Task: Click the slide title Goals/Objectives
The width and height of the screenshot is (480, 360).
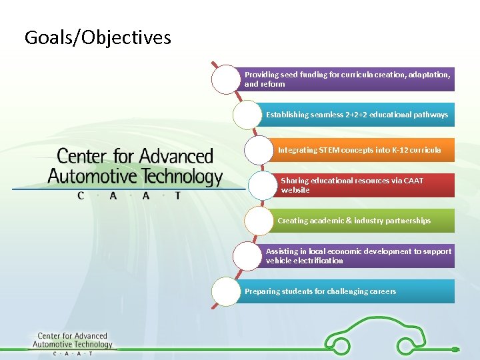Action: pyautogui.click(x=97, y=37)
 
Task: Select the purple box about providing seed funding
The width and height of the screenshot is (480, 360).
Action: pyautogui.click(x=347, y=79)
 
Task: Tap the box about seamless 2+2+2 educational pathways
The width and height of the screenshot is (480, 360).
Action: pyautogui.click(x=357, y=115)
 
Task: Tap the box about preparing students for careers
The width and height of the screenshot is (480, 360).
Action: pyautogui.click(x=347, y=291)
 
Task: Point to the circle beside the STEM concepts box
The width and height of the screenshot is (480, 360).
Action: pyautogui.click(x=259, y=150)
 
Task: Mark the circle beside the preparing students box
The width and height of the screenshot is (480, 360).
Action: pyautogui.click(x=225, y=291)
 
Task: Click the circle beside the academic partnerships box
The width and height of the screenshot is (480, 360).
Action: pyautogui.click(x=259, y=221)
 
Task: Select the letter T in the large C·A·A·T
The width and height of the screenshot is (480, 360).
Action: pyautogui.click(x=177, y=196)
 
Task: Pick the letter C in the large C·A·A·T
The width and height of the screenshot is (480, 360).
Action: pyautogui.click(x=81, y=196)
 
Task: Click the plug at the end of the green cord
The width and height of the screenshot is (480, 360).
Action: pyautogui.click(x=455, y=349)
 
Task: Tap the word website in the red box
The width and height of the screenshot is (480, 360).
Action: pyautogui.click(x=295, y=191)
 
